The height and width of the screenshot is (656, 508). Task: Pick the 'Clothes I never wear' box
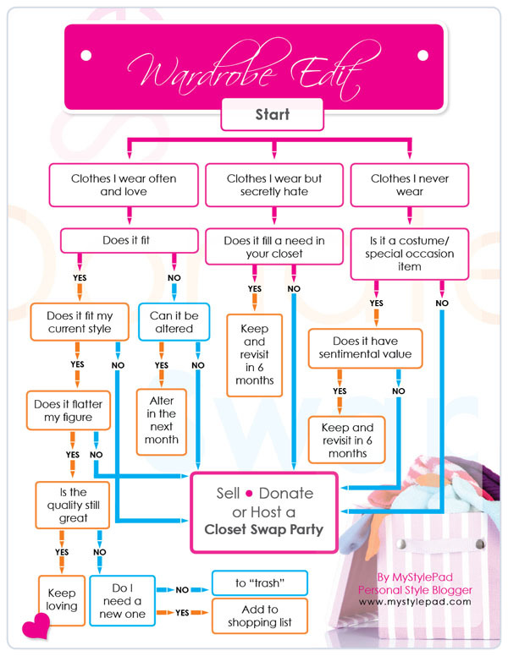[411, 185]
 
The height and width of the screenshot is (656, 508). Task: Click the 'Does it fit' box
[126, 240]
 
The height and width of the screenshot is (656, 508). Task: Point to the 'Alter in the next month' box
[161, 420]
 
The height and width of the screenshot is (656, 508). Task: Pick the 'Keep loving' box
[62, 599]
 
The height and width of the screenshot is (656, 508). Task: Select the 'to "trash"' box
[258, 582]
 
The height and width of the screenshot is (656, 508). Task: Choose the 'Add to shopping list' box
[258, 616]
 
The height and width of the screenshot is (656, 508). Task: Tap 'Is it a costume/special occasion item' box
[411, 254]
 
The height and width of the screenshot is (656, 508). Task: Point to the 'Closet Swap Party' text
[263, 531]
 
